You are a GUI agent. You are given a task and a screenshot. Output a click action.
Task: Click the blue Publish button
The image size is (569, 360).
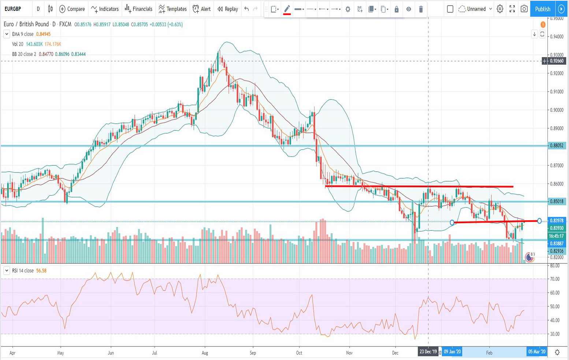(x=542, y=9)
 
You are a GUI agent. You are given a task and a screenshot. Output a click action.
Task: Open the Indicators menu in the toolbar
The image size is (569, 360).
(x=105, y=9)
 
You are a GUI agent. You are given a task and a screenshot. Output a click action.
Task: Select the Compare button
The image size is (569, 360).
(x=72, y=9)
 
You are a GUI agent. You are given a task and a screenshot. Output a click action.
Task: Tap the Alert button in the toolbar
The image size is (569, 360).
(x=202, y=9)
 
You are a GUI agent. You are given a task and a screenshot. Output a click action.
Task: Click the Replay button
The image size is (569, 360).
(x=228, y=9)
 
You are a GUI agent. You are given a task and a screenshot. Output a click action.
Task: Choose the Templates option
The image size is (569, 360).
(x=172, y=9)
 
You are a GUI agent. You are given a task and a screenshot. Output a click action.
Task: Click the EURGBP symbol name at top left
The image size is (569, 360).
(x=12, y=9)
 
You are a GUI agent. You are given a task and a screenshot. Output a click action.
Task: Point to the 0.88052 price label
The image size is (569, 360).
(x=557, y=146)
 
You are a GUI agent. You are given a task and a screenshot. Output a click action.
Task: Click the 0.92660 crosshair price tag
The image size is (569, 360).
(x=557, y=61)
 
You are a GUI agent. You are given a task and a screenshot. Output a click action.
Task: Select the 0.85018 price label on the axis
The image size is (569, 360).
(x=557, y=201)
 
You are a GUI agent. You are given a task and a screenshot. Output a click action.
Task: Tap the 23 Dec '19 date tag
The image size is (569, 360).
(x=428, y=352)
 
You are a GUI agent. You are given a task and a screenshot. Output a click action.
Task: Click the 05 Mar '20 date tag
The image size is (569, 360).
(x=536, y=352)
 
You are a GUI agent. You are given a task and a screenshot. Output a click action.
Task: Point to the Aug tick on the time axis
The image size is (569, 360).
(x=205, y=353)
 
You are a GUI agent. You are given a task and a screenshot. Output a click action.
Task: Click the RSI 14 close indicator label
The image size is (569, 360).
(x=23, y=271)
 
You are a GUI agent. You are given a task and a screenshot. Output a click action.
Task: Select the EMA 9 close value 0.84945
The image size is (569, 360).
(x=43, y=34)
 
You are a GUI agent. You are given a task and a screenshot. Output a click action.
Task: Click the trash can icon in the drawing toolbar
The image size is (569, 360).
(x=421, y=9)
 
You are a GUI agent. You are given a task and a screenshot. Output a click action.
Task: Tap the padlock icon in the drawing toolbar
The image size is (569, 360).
(x=396, y=9)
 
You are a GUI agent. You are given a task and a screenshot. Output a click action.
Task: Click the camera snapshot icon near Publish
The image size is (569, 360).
(x=524, y=9)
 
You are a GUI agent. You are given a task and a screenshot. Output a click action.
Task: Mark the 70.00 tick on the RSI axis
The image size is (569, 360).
(x=555, y=279)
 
